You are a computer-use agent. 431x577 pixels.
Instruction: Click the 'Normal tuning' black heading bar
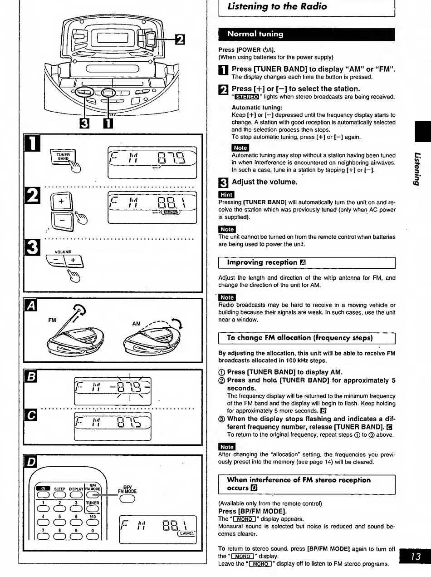click(x=307, y=35)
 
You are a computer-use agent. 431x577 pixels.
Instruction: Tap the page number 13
click(x=416, y=556)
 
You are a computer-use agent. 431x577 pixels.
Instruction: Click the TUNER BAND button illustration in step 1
click(x=63, y=157)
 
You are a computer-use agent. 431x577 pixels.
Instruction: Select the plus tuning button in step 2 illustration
click(x=61, y=202)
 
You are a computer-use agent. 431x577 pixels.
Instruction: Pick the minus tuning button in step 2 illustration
click(x=62, y=221)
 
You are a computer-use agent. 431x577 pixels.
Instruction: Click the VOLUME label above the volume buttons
click(x=63, y=252)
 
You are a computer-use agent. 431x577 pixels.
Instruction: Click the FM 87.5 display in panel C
click(x=113, y=426)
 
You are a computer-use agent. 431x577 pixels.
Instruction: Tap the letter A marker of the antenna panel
click(x=31, y=305)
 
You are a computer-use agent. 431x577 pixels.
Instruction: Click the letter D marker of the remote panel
click(x=31, y=462)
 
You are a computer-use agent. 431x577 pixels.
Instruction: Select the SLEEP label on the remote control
click(x=59, y=489)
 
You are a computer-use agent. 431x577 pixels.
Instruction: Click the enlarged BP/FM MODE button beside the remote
click(x=127, y=498)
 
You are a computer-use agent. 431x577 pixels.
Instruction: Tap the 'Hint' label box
click(x=226, y=195)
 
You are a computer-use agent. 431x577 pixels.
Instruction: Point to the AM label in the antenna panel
click(x=136, y=324)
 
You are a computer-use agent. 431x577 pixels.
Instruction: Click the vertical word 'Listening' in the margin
click(x=417, y=169)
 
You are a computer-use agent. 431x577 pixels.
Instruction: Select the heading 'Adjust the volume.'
click(x=264, y=182)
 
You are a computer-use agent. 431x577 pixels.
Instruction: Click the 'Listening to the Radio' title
click(x=277, y=6)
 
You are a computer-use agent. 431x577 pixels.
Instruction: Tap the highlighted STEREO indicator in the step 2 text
click(x=247, y=97)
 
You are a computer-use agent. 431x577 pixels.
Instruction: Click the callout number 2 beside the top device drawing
click(x=180, y=39)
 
